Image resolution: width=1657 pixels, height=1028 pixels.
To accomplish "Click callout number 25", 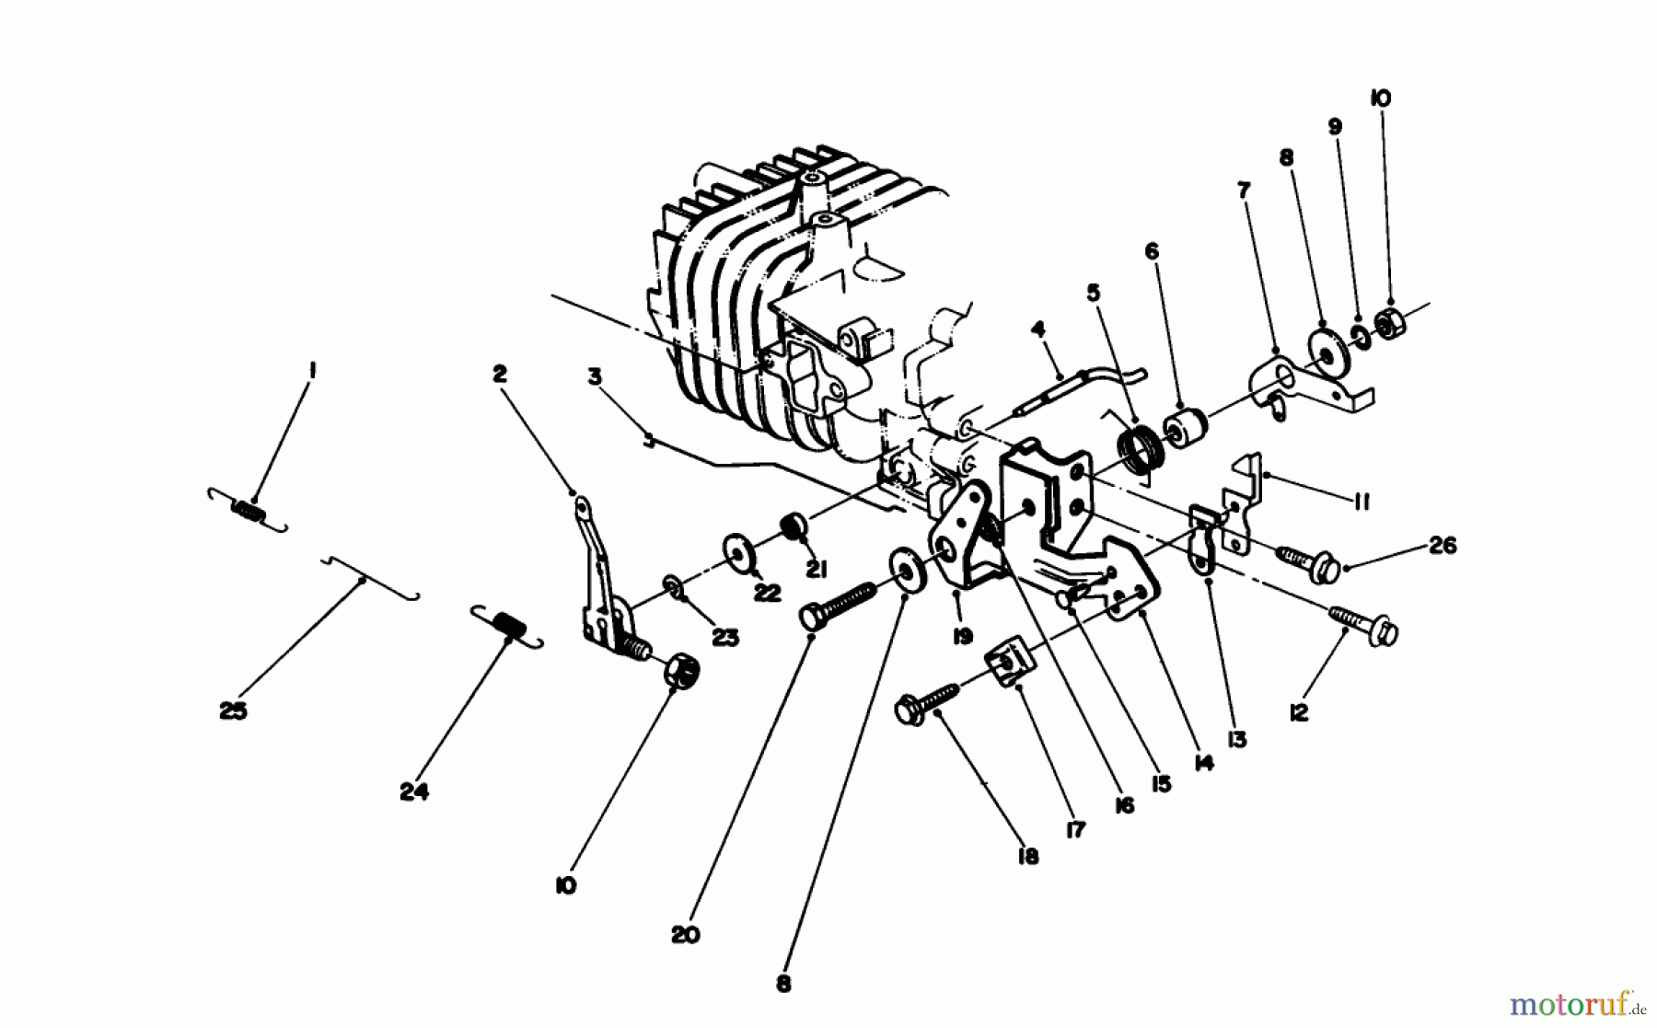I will pyautogui.click(x=233, y=710).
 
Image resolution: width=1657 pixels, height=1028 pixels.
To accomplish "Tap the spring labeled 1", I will pyautogui.click(x=248, y=510).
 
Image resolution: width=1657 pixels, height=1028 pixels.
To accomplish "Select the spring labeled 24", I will pyautogui.click(x=507, y=625).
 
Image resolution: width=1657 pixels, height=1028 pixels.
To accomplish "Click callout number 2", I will pyautogui.click(x=499, y=374).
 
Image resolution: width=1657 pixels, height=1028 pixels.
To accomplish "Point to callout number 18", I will pyautogui.click(x=1027, y=856).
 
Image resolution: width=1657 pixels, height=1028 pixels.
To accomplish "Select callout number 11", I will pyautogui.click(x=1362, y=502).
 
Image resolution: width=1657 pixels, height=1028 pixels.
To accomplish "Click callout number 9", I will pyautogui.click(x=1335, y=127).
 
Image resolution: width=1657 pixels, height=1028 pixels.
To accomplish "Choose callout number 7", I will pyautogui.click(x=1244, y=191).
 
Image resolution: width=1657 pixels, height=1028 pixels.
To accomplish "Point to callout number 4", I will pyautogui.click(x=1037, y=329).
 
